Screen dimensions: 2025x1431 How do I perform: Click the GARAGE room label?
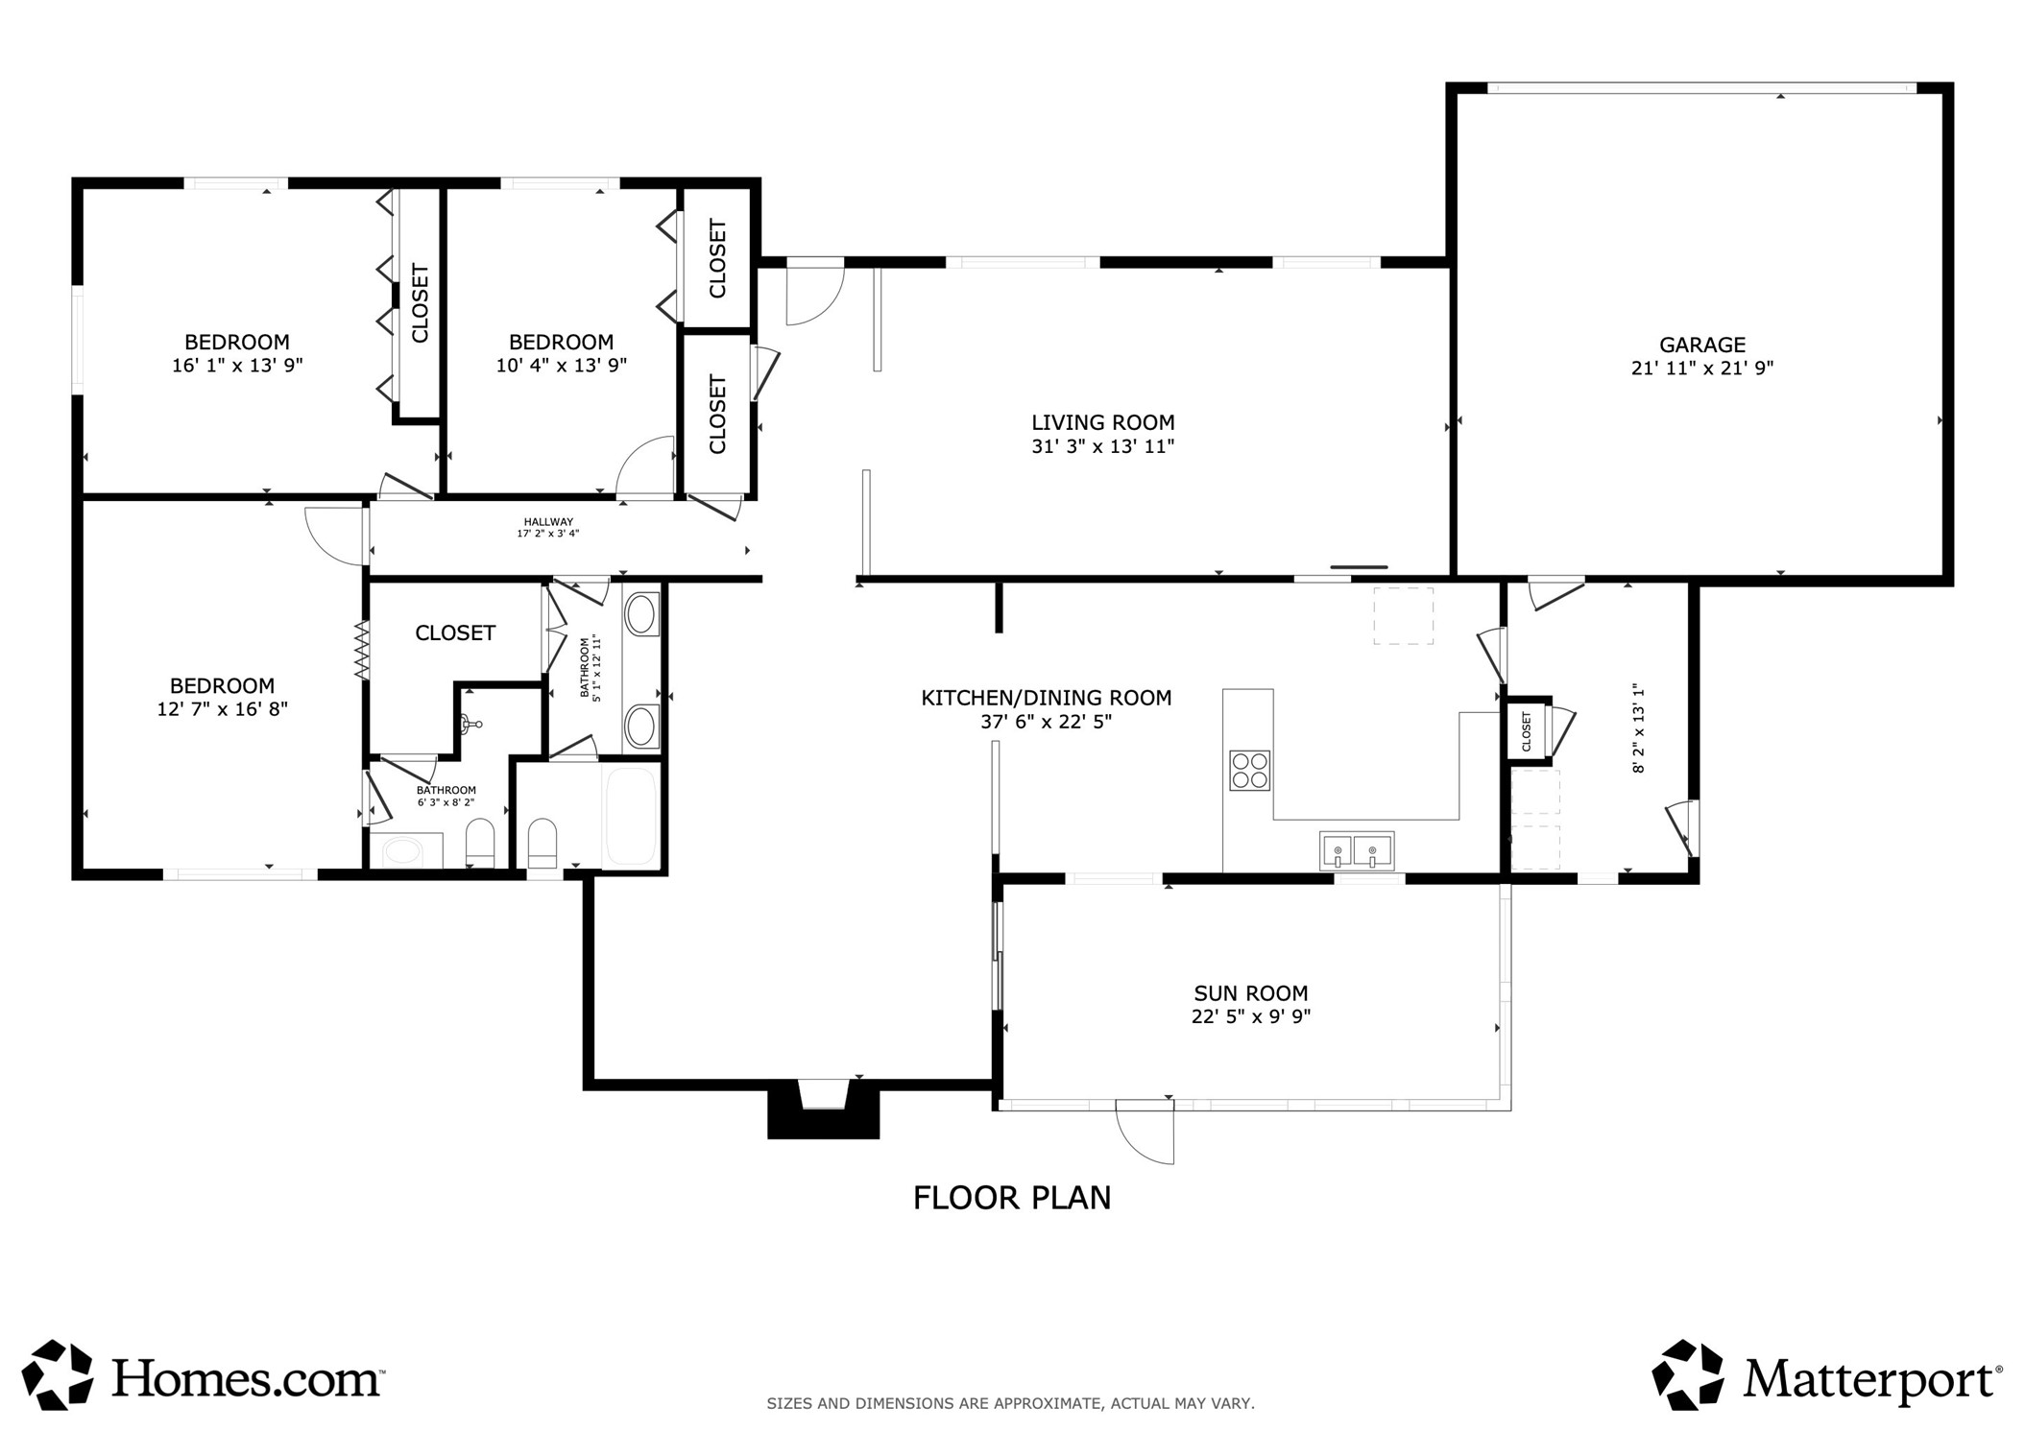tap(1701, 345)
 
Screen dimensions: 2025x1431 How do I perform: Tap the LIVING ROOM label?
tap(1102, 422)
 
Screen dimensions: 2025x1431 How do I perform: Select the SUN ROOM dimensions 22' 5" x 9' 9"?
tap(1250, 1016)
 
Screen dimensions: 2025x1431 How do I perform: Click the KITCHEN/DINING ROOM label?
tap(1046, 698)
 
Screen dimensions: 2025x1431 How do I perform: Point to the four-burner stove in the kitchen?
tap(1249, 770)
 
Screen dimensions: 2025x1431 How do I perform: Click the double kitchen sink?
tap(1356, 850)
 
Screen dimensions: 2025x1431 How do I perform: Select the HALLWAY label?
tap(548, 522)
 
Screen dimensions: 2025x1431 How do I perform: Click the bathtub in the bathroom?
tap(631, 817)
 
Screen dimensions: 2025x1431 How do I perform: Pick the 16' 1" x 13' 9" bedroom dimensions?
tap(237, 365)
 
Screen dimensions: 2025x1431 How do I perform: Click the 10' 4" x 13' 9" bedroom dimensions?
tap(561, 365)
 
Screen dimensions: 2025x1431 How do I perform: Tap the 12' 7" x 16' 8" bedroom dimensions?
tap(222, 709)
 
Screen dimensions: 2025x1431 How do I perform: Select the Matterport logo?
tap(1827, 1376)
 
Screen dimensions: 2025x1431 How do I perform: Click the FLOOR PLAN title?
tap(1011, 1198)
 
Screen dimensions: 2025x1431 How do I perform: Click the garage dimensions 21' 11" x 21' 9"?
tap(1701, 368)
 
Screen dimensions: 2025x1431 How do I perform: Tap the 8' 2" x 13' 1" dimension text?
tap(1638, 728)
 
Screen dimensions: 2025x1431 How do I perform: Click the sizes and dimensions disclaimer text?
tap(1010, 1403)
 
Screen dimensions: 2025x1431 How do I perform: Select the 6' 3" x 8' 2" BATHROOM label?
tap(446, 796)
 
